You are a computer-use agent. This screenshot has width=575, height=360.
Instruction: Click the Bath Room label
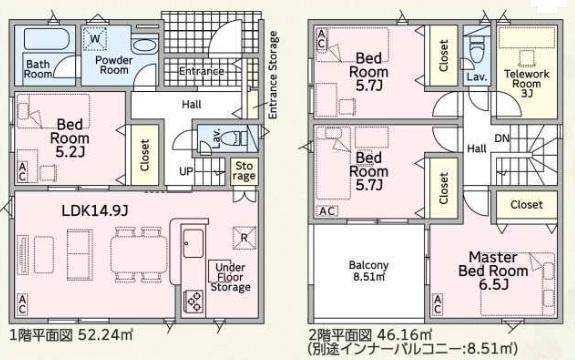click(38, 69)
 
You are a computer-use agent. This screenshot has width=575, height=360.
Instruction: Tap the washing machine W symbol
click(95, 38)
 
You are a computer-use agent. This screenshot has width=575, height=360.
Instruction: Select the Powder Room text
click(114, 65)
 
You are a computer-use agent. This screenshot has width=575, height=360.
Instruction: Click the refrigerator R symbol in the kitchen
click(244, 238)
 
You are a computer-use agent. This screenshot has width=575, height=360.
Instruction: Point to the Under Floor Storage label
click(230, 277)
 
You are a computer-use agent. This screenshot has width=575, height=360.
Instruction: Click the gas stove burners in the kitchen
click(193, 301)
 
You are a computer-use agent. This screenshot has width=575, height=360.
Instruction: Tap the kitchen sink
click(193, 243)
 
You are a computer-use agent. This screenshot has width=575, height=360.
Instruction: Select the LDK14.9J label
click(95, 211)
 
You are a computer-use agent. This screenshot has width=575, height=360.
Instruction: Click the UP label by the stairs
click(186, 171)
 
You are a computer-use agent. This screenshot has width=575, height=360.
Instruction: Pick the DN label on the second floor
click(502, 138)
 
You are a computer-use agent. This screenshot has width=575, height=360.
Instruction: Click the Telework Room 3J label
click(527, 84)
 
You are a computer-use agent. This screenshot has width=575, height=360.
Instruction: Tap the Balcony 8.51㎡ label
click(369, 271)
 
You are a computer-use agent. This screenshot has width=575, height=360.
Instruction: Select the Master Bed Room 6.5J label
click(493, 271)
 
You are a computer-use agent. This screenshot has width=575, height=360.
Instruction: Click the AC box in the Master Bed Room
click(437, 304)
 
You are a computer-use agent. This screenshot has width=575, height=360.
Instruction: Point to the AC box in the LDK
click(22, 304)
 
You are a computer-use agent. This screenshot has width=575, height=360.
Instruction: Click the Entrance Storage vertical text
click(273, 75)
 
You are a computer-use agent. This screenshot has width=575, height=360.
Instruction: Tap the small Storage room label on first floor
click(244, 171)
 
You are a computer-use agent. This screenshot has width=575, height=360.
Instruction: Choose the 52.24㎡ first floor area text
click(106, 335)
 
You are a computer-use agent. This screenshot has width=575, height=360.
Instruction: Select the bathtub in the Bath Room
click(46, 38)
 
